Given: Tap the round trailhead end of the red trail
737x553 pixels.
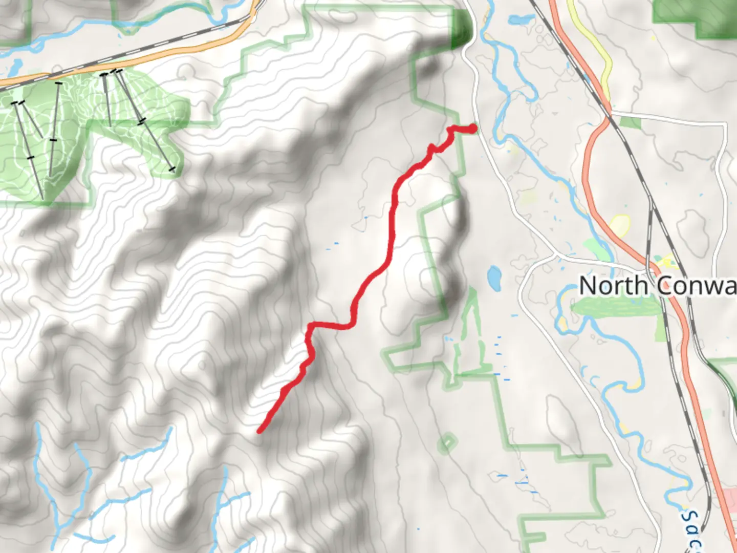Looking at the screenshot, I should (x=473, y=129).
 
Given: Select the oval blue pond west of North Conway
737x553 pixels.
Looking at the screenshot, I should (x=494, y=277).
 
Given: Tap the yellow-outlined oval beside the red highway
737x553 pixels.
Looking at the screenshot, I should (x=619, y=225).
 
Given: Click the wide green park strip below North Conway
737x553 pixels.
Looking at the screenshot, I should (x=614, y=307).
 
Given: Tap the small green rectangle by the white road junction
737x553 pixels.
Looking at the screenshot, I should (x=630, y=122).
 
